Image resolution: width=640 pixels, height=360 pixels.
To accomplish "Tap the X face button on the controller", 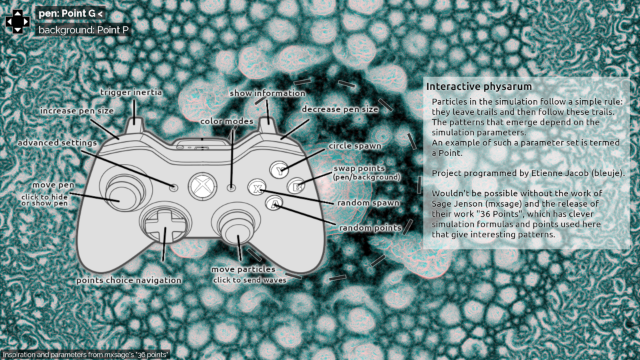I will tap(256, 187).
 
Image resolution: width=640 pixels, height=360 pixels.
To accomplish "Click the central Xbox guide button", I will tap(201, 187).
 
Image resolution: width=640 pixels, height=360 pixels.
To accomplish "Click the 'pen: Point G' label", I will tap(71, 13).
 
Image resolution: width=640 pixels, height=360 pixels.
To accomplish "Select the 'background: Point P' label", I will tap(83, 30).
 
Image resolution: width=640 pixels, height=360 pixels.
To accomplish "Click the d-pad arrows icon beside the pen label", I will tap(18, 21).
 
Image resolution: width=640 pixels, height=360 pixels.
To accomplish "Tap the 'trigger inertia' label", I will tap(131, 93).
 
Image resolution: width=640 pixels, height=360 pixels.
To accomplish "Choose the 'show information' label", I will tap(267, 93).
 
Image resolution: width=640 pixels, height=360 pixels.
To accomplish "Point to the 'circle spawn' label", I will tap(355, 146).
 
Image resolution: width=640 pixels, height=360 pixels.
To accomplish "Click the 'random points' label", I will tap(370, 228).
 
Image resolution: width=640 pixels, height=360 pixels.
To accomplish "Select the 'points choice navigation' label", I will tap(129, 281).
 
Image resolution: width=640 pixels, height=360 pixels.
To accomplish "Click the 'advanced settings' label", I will tap(57, 143).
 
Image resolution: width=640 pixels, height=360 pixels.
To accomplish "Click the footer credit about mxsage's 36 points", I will tap(85, 354).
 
